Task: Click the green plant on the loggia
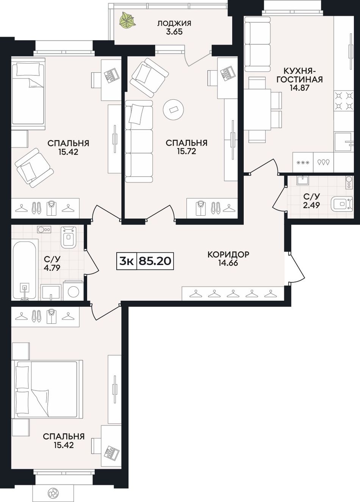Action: pos(127,20)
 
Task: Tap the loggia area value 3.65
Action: pos(174,31)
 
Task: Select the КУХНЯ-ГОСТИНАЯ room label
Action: pos(299,75)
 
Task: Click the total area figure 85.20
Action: pos(155,261)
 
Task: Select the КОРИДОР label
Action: pos(229,254)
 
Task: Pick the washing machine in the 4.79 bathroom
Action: pos(73,290)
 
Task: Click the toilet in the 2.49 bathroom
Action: pos(341,204)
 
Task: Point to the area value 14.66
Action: pos(228,263)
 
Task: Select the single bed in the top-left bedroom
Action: pos(28,93)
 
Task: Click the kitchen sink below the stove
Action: pos(343,142)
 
